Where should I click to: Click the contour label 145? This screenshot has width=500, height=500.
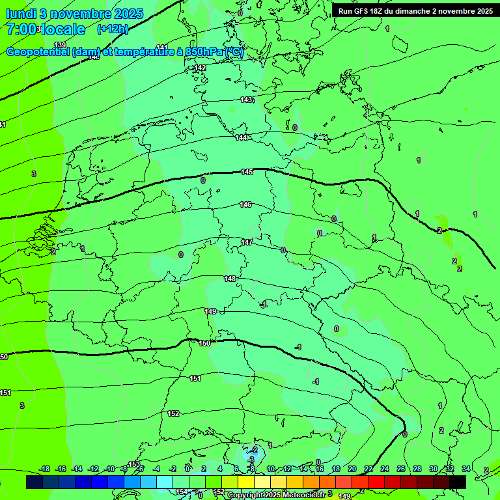point(247,172)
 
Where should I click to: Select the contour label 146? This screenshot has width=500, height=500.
point(245,204)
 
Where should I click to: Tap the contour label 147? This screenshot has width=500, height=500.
point(247,242)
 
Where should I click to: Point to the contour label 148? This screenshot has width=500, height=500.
point(230,279)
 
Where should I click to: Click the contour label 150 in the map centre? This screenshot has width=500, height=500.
point(204,343)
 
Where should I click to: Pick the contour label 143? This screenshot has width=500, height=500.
point(246,100)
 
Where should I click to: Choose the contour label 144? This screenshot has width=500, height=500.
point(241,137)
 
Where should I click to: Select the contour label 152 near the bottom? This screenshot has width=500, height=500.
point(173,413)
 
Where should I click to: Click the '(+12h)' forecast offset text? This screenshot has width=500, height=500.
point(113,29)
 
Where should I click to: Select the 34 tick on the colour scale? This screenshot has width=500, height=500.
point(465,469)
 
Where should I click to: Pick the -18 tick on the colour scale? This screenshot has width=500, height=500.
point(45,469)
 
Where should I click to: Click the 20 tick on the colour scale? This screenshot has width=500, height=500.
point(352,469)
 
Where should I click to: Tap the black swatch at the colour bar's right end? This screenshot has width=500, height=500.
point(458,482)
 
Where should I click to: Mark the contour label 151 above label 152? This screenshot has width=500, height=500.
point(195,378)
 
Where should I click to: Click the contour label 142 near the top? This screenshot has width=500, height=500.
point(200,68)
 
